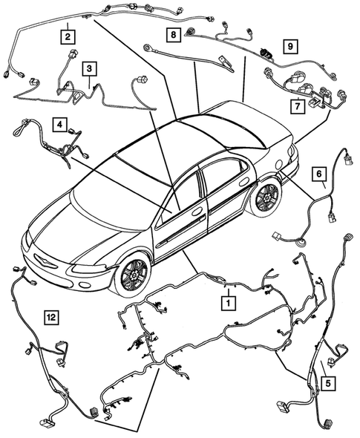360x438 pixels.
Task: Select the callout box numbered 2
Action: (x=68, y=35)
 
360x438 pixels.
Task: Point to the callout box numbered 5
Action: (x=327, y=384)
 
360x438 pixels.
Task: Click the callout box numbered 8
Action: (x=172, y=34)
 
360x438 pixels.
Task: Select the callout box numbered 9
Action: (x=292, y=45)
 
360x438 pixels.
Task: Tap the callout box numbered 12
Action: (x=50, y=318)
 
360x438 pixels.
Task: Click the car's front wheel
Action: (x=134, y=275)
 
